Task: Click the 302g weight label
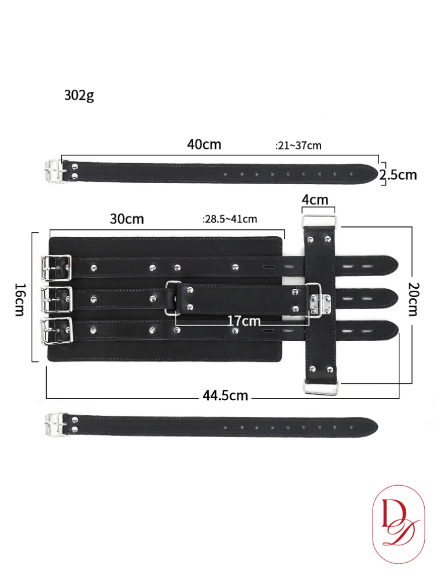click(79, 96)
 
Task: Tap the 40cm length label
click(204, 144)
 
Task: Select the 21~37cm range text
click(298, 145)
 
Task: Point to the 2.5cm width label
click(398, 174)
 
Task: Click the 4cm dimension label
click(315, 200)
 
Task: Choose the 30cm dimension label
click(127, 219)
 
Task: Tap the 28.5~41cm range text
click(230, 219)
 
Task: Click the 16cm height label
click(21, 300)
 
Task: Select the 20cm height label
click(414, 299)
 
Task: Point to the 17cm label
click(244, 321)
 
